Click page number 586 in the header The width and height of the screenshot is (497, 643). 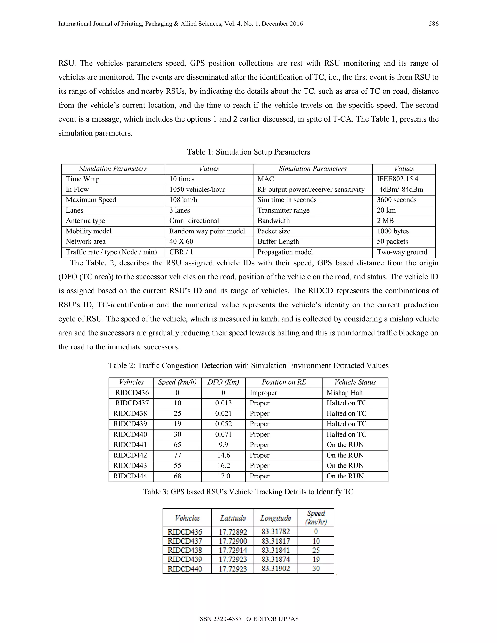[x=433, y=24]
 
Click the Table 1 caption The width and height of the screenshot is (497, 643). [x=248, y=152]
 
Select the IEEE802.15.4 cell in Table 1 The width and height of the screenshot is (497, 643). [x=398, y=179]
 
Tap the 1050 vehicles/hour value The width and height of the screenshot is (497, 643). [x=197, y=190]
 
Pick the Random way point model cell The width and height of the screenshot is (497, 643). [x=207, y=231]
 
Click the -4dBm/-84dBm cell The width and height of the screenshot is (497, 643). [x=400, y=190]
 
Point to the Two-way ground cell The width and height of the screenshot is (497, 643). [x=402, y=252]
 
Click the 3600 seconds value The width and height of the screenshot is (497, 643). [x=397, y=200]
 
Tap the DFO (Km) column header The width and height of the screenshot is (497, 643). [x=223, y=382]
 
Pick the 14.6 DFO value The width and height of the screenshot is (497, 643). [x=224, y=455]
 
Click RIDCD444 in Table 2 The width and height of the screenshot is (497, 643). [x=130, y=476]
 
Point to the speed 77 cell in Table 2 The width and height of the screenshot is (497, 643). [x=177, y=455]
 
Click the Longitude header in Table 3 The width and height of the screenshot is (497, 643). [x=276, y=518]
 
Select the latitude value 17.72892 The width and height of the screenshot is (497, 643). [x=232, y=532]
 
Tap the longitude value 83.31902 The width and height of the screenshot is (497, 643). [x=276, y=569]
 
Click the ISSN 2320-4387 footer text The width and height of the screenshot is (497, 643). [x=219, y=619]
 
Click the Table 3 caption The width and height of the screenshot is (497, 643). [x=248, y=492]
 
